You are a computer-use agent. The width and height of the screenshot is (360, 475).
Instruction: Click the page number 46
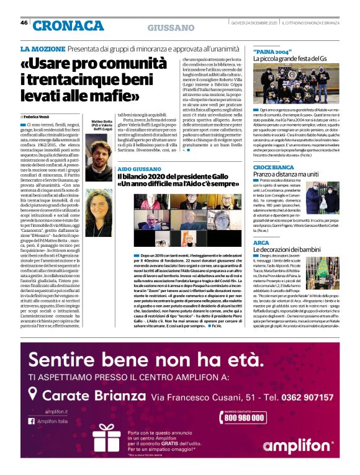(24, 23)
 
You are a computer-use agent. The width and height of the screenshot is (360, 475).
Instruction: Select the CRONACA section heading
(68, 25)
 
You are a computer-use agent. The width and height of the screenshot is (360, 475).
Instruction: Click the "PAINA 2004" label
(272, 50)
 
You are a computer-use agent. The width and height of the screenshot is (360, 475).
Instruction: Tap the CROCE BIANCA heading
(273, 167)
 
